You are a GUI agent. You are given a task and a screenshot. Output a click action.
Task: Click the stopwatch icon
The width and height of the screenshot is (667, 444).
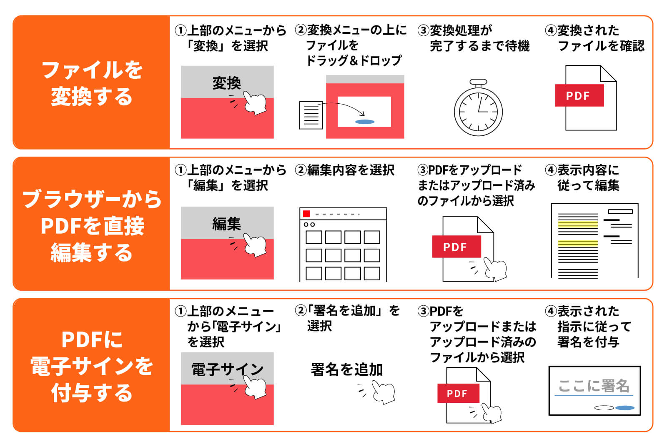click(x=478, y=109)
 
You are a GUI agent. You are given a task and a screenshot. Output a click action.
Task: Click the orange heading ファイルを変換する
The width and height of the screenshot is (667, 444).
click(x=92, y=82)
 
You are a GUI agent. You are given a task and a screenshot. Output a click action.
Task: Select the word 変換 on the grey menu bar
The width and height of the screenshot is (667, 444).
click(x=226, y=83)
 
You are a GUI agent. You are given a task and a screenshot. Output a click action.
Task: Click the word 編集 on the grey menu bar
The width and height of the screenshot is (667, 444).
click(x=226, y=224)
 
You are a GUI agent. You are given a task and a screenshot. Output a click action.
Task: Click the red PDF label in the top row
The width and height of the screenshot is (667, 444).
click(x=579, y=95)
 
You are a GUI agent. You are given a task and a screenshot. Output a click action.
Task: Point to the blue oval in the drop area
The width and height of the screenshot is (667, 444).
click(x=364, y=122)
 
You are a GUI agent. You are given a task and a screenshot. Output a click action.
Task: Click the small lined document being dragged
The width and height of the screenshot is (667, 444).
click(x=311, y=115)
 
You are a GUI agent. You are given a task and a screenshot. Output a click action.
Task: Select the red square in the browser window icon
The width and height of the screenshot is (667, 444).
click(x=306, y=214)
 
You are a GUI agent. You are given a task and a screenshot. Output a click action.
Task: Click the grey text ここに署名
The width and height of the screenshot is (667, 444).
click(x=594, y=386)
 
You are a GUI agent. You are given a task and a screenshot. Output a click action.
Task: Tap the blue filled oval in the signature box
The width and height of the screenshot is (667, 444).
click(x=624, y=408)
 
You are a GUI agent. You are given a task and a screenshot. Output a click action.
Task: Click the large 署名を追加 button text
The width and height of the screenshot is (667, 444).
click(x=346, y=369)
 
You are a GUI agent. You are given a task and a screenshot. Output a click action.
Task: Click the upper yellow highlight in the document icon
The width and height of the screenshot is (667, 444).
click(x=578, y=224)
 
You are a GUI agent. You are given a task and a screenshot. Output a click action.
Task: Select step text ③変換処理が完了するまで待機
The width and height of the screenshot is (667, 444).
click(x=474, y=38)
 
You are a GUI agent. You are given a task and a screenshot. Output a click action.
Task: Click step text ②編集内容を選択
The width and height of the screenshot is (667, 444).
click(x=345, y=170)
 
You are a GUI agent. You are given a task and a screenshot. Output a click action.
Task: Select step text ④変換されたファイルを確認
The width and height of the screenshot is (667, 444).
click(x=595, y=38)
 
